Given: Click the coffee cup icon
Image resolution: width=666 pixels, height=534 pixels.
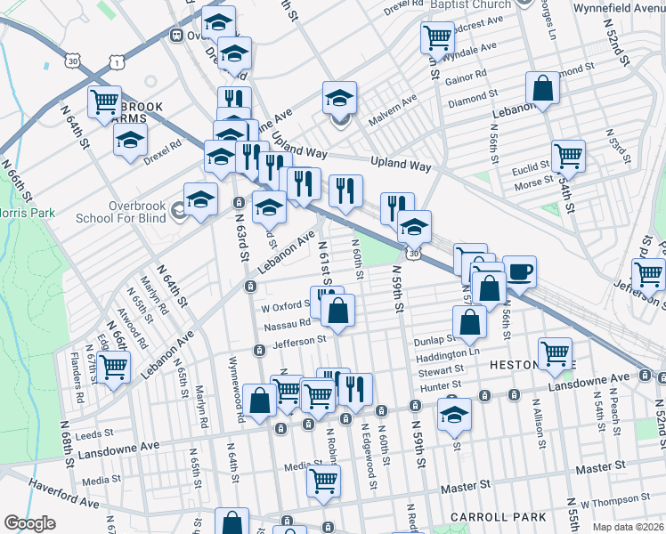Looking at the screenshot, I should pos(519,271).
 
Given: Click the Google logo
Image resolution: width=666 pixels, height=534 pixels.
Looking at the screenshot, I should pos(29,523).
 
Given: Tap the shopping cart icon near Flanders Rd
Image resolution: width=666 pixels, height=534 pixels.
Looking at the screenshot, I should pos(113,366).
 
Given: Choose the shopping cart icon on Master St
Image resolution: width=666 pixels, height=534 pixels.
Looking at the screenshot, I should pos(324,481).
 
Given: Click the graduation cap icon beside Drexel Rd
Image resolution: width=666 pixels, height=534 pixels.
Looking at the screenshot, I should pos(131,140).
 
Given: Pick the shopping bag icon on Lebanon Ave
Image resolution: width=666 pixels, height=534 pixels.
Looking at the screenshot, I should pos(542,88).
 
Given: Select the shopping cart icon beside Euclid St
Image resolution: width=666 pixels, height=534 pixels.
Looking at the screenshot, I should pos(568,155).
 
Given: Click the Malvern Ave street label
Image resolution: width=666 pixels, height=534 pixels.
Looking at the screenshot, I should pos(396,104).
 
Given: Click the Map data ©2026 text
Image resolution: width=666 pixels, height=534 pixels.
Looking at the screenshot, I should pos(627,527).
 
